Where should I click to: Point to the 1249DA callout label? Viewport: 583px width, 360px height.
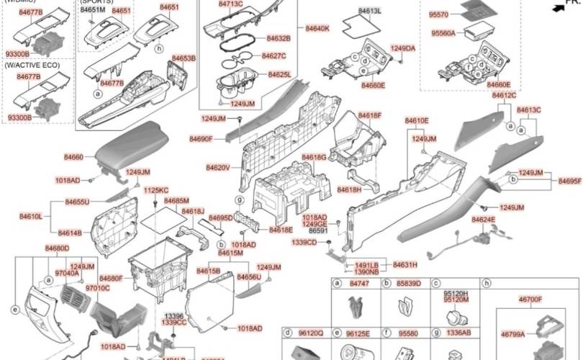click(x=403, y=48)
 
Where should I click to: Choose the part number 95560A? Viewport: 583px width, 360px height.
click(x=443, y=33)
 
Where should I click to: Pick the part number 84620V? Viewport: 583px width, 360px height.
click(x=217, y=168)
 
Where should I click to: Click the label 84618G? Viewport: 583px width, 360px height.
click(x=314, y=157)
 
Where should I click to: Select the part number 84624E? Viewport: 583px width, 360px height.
click(x=483, y=219)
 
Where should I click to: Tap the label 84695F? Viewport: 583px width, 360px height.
click(x=569, y=181)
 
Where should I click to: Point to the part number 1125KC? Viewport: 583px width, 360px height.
click(x=156, y=190)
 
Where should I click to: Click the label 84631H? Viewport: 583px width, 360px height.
click(x=405, y=265)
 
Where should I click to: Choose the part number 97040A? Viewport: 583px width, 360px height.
click(x=68, y=274)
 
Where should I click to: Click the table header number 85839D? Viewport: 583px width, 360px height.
click(x=409, y=284)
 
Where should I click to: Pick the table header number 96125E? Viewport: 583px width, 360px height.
click(x=358, y=334)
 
